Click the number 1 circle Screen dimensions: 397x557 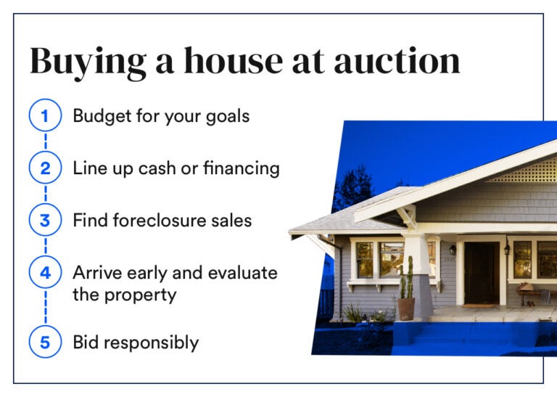click(45, 116)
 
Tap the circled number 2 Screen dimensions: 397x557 click(45, 168)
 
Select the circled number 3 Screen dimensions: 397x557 click(45, 220)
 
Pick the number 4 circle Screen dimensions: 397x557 click(45, 273)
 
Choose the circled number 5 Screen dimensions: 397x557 click(45, 342)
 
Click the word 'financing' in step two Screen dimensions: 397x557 click(239, 168)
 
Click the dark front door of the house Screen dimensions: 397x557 click(481, 271)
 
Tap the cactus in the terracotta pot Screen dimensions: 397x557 click(407, 279)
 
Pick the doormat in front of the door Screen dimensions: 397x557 click(481, 306)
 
